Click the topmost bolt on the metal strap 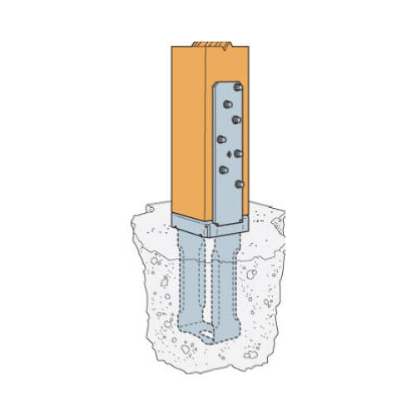(x=238, y=87)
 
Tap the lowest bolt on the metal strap (x=239, y=183)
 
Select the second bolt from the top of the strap (x=236, y=119)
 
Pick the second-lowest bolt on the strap (x=223, y=169)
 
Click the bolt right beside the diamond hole (x=239, y=153)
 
